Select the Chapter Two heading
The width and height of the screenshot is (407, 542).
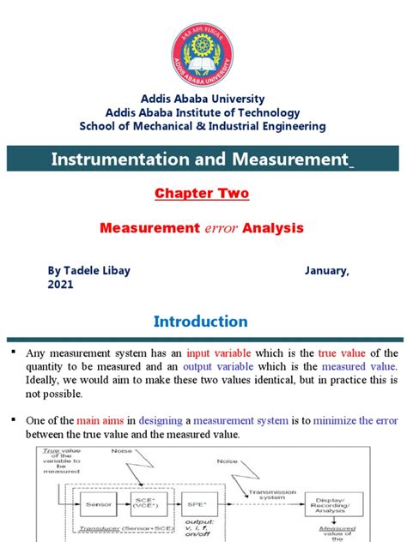(202, 194)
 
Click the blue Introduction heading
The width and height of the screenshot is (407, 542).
(202, 322)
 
